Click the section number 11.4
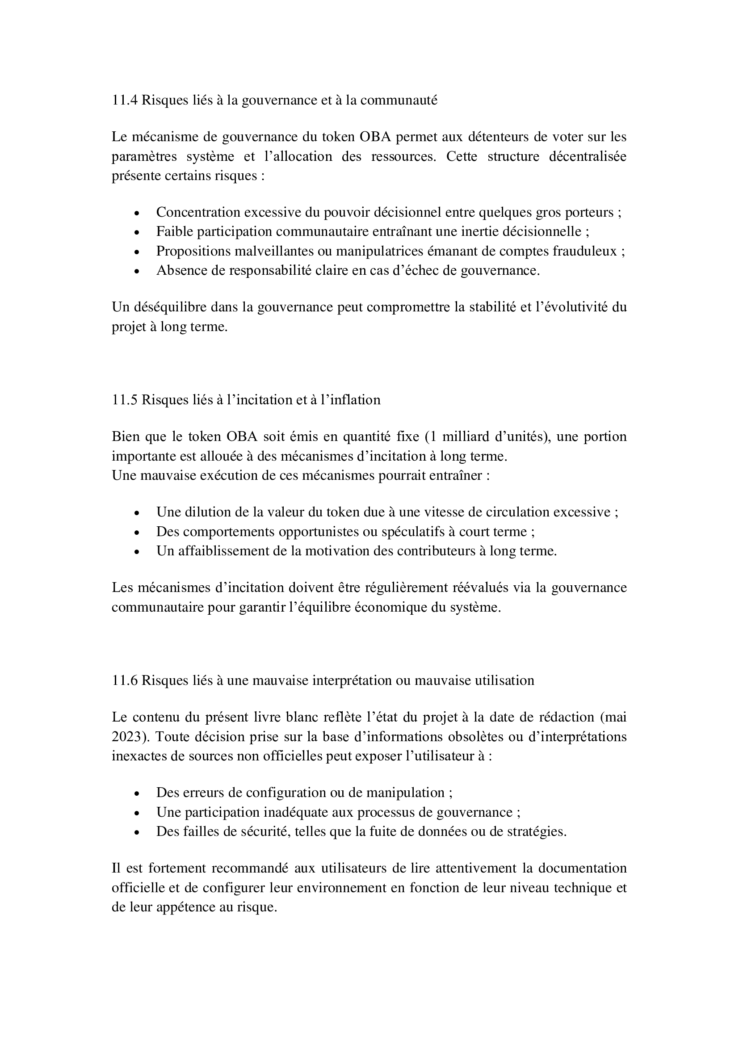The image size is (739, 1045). click(124, 100)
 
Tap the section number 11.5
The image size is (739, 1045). click(124, 400)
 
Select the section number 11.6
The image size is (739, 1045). click(124, 680)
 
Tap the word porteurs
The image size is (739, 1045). click(588, 213)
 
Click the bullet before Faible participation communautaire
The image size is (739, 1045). click(137, 233)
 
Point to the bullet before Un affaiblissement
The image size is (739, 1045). click(137, 552)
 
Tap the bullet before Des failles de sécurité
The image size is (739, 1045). click(137, 832)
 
